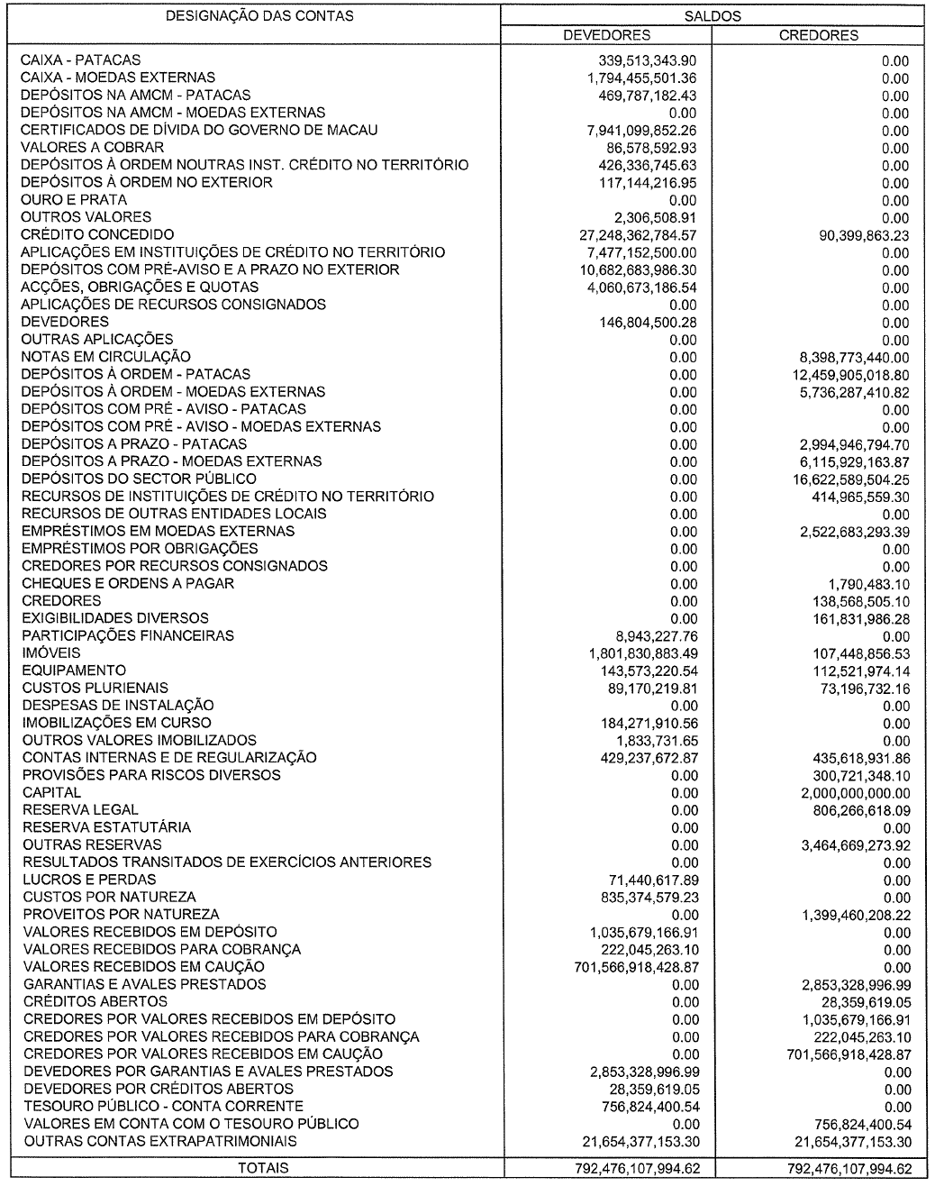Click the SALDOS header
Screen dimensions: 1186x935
(712, 16)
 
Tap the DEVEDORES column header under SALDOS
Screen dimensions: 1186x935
(606, 36)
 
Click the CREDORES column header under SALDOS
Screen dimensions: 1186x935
(818, 36)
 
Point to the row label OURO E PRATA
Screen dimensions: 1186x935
(75, 200)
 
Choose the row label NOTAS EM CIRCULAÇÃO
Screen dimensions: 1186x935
(106, 357)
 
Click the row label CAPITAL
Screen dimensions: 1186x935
(52, 793)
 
